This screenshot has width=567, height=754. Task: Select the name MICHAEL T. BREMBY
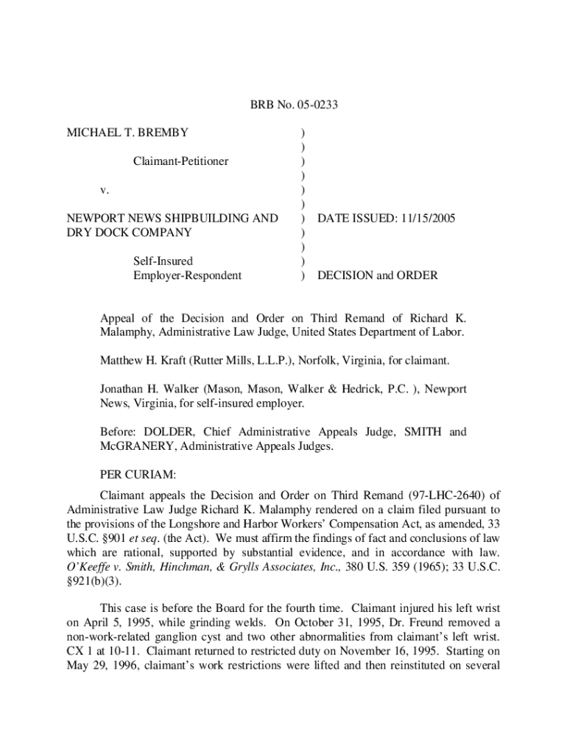[x=127, y=133]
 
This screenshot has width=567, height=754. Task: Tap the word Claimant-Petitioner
[x=180, y=161]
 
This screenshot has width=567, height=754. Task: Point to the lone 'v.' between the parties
[x=105, y=190]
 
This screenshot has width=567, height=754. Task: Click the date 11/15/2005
[x=416, y=219]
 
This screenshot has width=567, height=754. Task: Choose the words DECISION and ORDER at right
[x=377, y=275]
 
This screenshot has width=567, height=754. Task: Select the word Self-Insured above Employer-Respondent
[x=163, y=261]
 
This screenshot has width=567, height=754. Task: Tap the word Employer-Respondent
[x=187, y=275]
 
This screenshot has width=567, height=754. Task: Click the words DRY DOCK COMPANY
[x=130, y=233]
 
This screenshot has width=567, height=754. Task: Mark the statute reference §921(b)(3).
[x=94, y=581]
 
